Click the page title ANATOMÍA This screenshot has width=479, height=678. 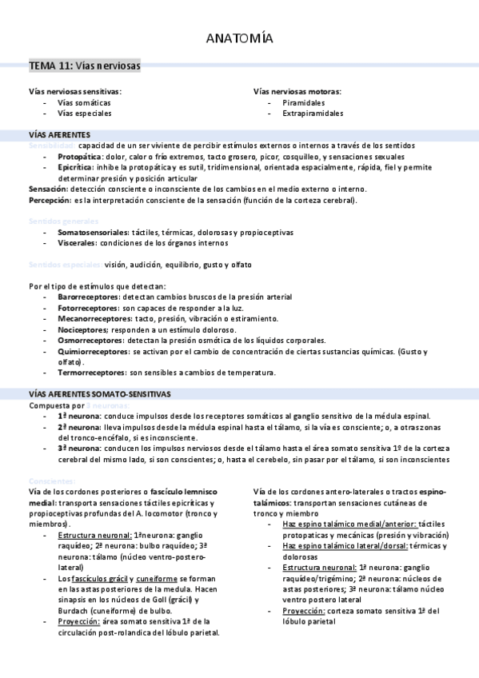(x=239, y=38)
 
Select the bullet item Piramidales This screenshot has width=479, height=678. (x=303, y=102)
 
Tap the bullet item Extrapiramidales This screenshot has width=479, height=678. (x=313, y=114)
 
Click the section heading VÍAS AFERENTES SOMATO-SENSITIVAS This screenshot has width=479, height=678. (x=99, y=394)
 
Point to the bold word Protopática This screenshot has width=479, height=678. (x=78, y=158)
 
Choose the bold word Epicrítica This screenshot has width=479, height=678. (x=74, y=168)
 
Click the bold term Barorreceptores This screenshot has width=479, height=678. (x=87, y=297)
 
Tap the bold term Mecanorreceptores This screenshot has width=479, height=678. (x=90, y=318)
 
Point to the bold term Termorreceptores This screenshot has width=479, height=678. (x=87, y=373)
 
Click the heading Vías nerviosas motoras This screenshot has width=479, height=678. (x=297, y=91)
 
